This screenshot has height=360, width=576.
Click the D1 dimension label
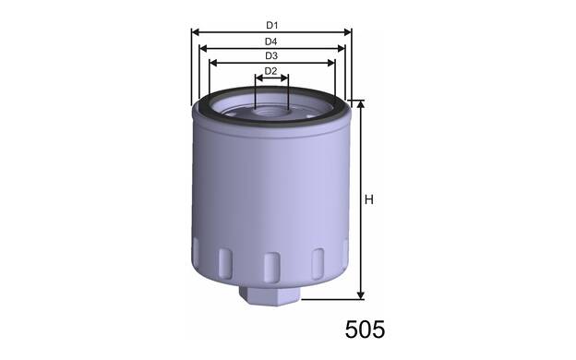click(271, 25)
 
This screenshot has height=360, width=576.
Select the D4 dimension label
click(271, 42)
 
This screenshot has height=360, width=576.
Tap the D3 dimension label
click(271, 56)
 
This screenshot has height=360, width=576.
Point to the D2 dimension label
click(271, 71)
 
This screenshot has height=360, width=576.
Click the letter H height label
click(369, 199)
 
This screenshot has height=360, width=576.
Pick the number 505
click(365, 330)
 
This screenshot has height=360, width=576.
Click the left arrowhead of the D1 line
click(195, 32)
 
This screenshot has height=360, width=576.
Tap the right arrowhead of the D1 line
click(347, 32)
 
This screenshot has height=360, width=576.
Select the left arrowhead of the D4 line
click(203, 48)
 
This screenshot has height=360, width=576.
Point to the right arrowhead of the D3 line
click(331, 63)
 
